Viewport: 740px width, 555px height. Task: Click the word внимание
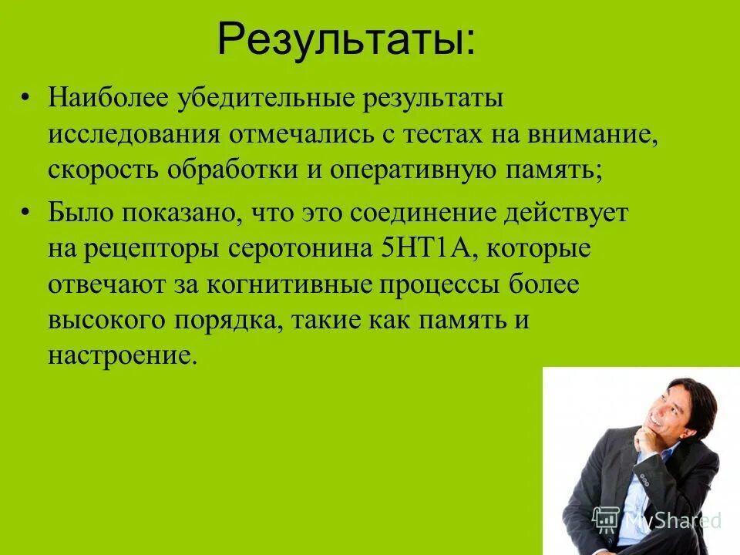594,134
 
